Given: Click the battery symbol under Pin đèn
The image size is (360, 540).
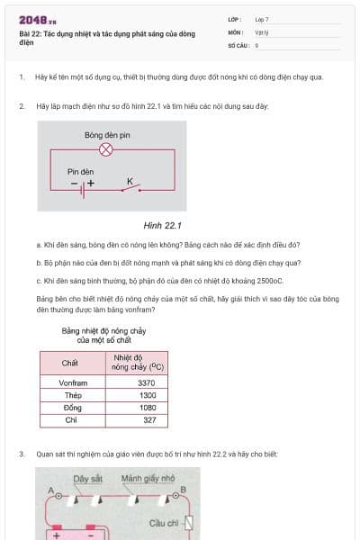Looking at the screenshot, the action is pos(84,190).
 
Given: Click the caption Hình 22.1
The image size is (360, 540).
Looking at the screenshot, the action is pos(163,226).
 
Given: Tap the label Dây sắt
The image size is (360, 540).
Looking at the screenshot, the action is pos(88,478).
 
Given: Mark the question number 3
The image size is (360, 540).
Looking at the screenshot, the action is pos(22,454).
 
